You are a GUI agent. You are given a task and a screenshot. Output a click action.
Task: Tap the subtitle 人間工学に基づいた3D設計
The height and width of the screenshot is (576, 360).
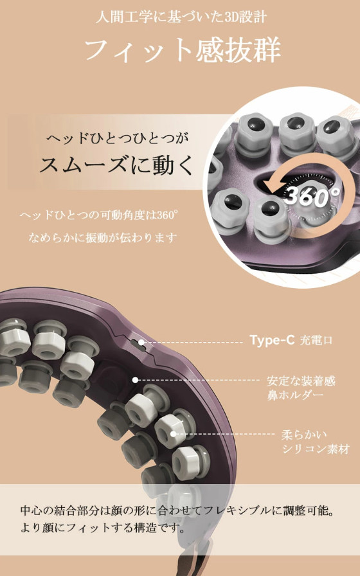[181, 17]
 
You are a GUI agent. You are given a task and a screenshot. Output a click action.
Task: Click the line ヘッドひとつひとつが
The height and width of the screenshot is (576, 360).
[117, 138]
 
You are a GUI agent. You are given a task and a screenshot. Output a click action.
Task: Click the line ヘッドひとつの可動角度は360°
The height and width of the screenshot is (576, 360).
[99, 215]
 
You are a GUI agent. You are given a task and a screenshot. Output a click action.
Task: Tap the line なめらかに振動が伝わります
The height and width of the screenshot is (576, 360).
[102, 237]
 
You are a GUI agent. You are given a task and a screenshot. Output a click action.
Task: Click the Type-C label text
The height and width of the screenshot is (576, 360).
[272, 340]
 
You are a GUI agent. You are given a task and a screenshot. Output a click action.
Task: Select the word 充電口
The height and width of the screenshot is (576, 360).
[316, 341]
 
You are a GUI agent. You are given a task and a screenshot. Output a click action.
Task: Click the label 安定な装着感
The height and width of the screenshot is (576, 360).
[301, 381]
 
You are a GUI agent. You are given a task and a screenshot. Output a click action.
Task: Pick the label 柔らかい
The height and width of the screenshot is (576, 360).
[304, 435]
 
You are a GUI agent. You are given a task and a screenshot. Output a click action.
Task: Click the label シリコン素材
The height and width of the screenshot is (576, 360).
[316, 449]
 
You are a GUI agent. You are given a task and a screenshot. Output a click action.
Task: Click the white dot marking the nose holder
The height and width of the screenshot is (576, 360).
[135, 380]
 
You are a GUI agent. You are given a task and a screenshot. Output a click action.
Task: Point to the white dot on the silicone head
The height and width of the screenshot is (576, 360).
[174, 434]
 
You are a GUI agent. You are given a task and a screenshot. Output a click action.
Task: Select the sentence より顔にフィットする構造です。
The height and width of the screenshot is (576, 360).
[102, 528]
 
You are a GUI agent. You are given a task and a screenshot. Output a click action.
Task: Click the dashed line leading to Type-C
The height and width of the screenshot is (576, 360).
[191, 343]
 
